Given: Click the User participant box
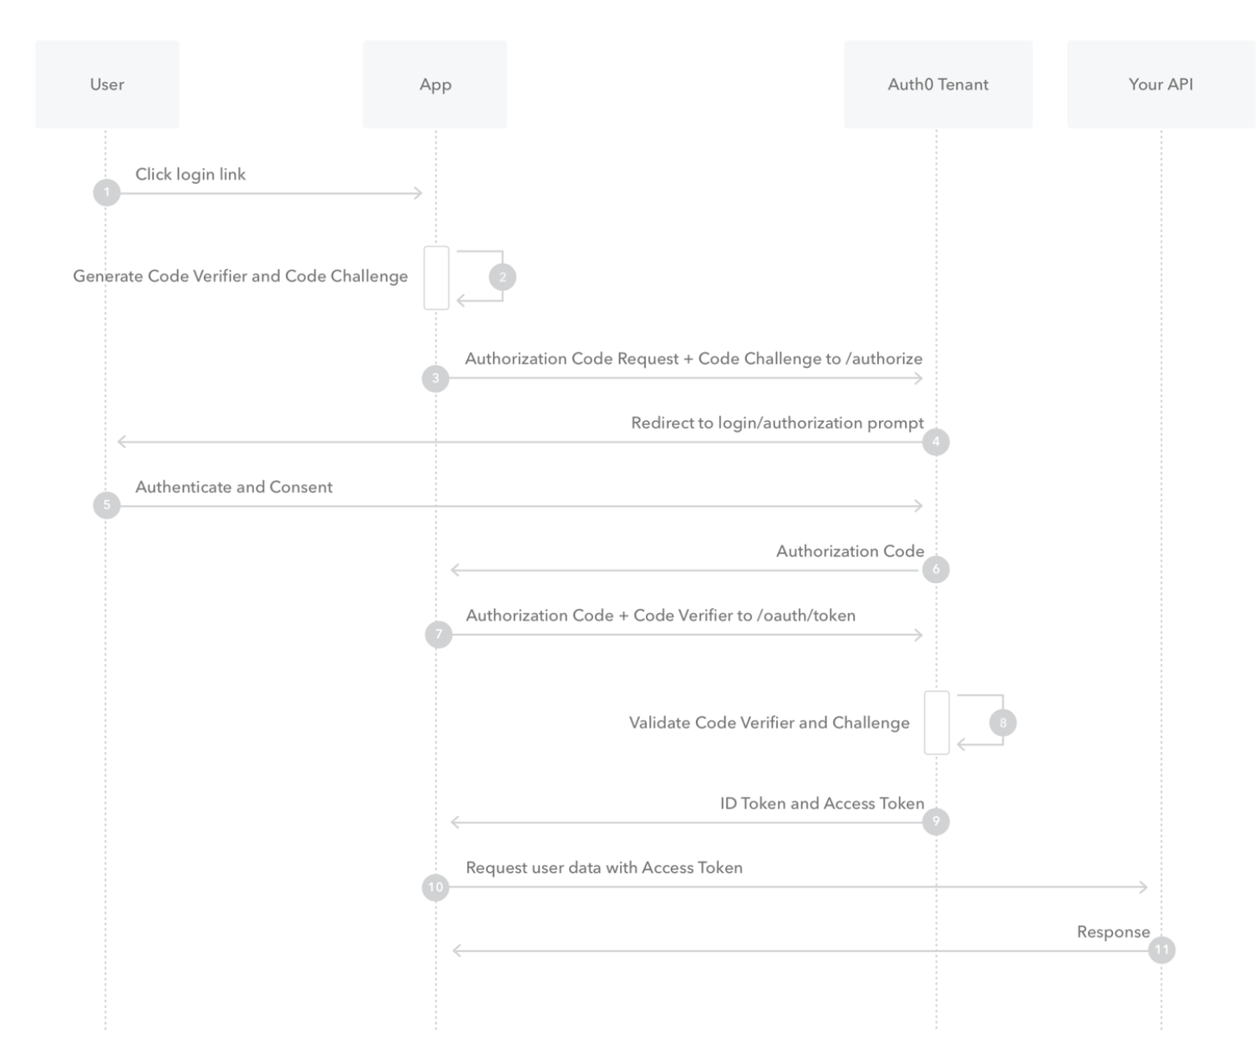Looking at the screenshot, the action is [107, 84].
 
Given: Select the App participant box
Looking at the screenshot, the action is [434, 84].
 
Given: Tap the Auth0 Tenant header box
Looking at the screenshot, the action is [937, 84].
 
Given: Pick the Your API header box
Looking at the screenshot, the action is [1161, 84].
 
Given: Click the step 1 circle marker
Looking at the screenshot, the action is [107, 192].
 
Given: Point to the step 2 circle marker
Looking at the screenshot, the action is [503, 277].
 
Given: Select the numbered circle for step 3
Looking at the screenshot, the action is [435, 378].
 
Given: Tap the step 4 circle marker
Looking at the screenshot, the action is [936, 442].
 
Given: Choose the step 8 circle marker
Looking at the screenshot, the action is [1003, 722].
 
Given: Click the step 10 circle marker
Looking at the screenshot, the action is [435, 887].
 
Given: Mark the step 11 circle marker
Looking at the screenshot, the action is [1161, 950].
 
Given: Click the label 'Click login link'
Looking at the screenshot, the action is [191, 175].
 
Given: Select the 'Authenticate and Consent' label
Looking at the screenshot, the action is [234, 487].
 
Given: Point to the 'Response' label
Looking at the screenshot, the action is [1113, 932].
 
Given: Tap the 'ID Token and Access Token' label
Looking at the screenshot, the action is [822, 803].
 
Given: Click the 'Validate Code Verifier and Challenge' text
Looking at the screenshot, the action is [769, 722].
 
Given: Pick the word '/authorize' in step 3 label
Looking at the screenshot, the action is [884, 359].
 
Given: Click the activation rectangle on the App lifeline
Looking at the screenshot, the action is [436, 277].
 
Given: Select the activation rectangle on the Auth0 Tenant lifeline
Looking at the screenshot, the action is [937, 722].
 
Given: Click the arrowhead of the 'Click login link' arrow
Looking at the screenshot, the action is [418, 193].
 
